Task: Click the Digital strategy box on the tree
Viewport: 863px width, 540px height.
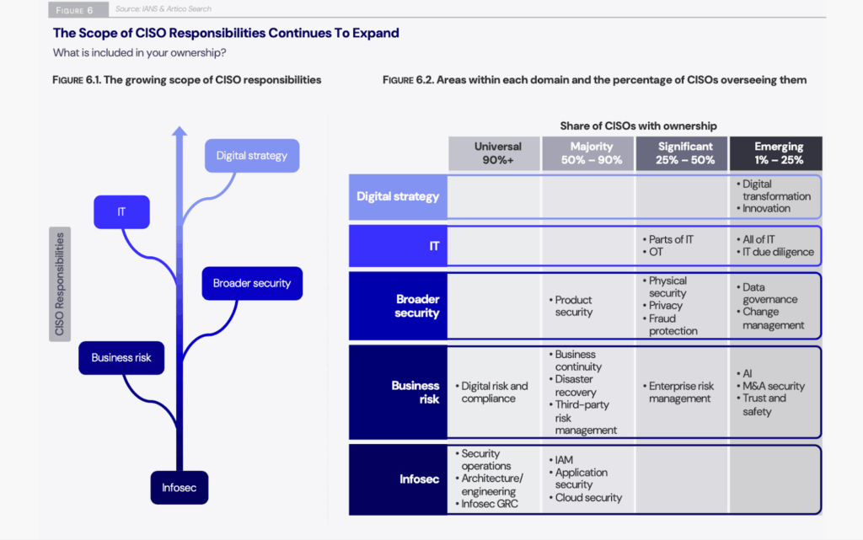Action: [251, 156]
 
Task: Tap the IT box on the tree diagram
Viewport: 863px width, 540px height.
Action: [121, 212]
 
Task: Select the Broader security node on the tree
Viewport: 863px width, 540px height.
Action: [251, 284]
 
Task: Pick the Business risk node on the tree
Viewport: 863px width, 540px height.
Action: [121, 357]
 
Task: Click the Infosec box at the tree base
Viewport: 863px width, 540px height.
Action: [179, 487]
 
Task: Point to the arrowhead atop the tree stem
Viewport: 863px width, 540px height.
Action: [179, 131]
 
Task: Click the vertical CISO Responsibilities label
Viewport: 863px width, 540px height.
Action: [60, 284]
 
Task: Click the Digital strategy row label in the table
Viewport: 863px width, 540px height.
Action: [398, 197]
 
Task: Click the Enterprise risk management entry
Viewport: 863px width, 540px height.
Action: [681, 393]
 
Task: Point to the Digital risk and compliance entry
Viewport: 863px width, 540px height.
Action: [495, 393]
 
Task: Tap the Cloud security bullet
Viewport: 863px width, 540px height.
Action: [587, 498]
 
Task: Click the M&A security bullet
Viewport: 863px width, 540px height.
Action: [773, 386]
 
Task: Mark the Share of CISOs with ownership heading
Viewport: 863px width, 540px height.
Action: [638, 126]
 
